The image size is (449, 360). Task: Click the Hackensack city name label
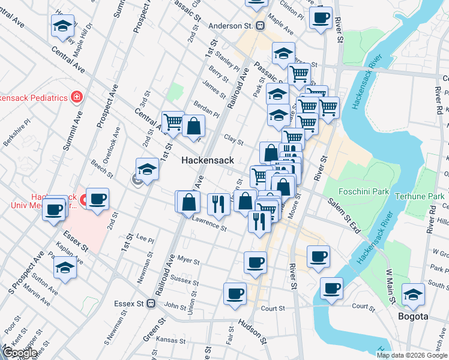208,161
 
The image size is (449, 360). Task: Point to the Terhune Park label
419,196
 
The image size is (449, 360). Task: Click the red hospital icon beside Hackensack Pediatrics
76,97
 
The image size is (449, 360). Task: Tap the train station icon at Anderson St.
261,26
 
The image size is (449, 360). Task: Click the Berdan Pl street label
207,108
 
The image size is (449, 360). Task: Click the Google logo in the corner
20,353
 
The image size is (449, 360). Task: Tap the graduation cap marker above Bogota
414,294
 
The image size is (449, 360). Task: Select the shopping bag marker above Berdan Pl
194,125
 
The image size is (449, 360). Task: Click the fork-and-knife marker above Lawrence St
218,204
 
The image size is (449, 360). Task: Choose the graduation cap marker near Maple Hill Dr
62,26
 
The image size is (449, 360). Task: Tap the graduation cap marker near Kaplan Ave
65,268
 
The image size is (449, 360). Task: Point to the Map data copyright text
411,355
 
